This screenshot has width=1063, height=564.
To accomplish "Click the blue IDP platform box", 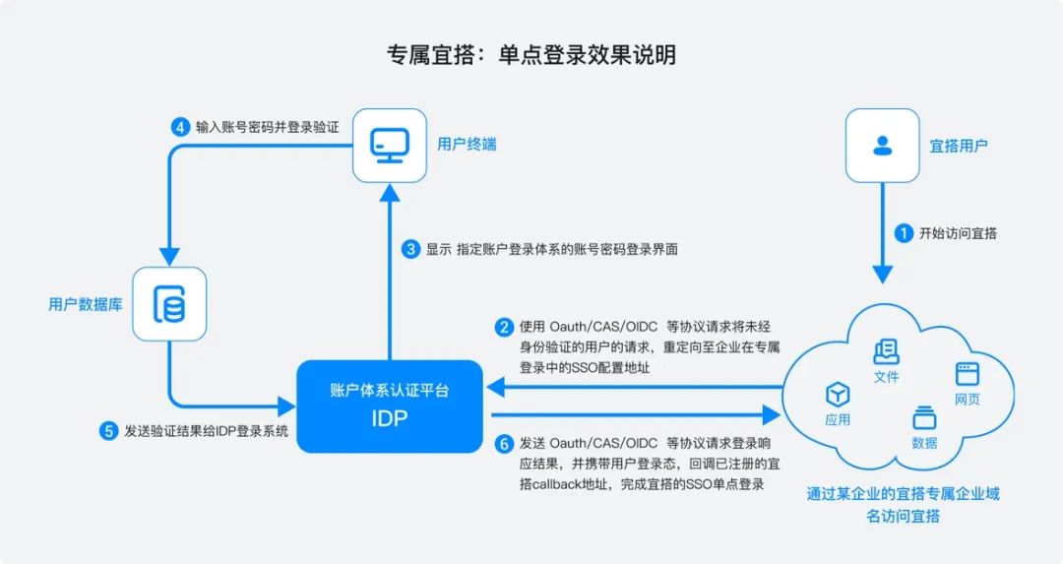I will pyautogui.click(x=390, y=406).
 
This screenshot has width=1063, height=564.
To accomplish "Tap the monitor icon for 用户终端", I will pyautogui.click(x=390, y=145).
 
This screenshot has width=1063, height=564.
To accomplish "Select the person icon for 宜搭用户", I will pyautogui.click(x=881, y=145).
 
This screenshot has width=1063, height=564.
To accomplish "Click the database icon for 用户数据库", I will pyautogui.click(x=169, y=304).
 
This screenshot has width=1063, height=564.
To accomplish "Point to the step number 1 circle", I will pyautogui.click(x=903, y=233).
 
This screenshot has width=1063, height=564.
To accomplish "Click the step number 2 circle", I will pyautogui.click(x=504, y=327).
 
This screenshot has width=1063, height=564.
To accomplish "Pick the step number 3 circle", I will pyautogui.click(x=411, y=249).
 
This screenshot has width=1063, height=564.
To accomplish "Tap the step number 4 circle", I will pyautogui.click(x=179, y=127).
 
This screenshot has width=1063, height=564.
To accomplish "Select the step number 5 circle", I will pyautogui.click(x=108, y=430).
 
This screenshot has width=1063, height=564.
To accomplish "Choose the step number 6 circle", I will pyautogui.click(x=504, y=444).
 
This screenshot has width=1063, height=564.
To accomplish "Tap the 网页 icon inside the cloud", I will pyautogui.click(x=967, y=375).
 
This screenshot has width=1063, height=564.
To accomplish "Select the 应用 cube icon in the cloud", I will pyautogui.click(x=838, y=395).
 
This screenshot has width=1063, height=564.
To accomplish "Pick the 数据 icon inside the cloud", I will pyautogui.click(x=924, y=417).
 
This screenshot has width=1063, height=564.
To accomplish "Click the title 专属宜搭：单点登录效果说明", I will pyautogui.click(x=531, y=54).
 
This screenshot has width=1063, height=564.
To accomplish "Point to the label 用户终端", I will pyautogui.click(x=467, y=145).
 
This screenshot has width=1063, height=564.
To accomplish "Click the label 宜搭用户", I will pyautogui.click(x=959, y=146).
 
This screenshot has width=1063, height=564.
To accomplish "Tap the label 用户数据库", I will pyautogui.click(x=85, y=304).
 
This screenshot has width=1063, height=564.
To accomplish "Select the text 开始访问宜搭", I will pyautogui.click(x=958, y=233).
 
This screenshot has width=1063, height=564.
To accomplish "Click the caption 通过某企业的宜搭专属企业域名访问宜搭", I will pyautogui.click(x=903, y=504).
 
